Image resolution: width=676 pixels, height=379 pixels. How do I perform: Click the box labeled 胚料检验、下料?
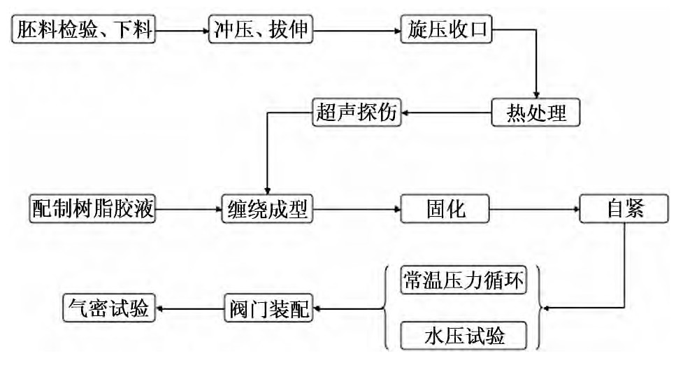click(x=83, y=31)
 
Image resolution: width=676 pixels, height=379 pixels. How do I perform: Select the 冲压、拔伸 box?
click(x=259, y=31)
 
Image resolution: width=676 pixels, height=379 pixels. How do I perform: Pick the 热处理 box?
click(x=536, y=113)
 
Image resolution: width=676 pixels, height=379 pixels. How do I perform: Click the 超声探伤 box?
click(x=357, y=113)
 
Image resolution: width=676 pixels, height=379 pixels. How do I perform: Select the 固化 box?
click(x=446, y=208)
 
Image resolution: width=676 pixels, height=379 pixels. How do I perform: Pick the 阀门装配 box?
click(x=268, y=308)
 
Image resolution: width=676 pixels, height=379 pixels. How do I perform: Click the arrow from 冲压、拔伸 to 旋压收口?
click(x=355, y=31)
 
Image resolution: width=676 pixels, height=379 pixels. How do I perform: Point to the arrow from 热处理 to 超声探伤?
click(x=447, y=113)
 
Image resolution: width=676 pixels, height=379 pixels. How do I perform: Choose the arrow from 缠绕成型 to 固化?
click(x=356, y=208)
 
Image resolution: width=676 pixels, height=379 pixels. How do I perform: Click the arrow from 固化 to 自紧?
click(x=535, y=208)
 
